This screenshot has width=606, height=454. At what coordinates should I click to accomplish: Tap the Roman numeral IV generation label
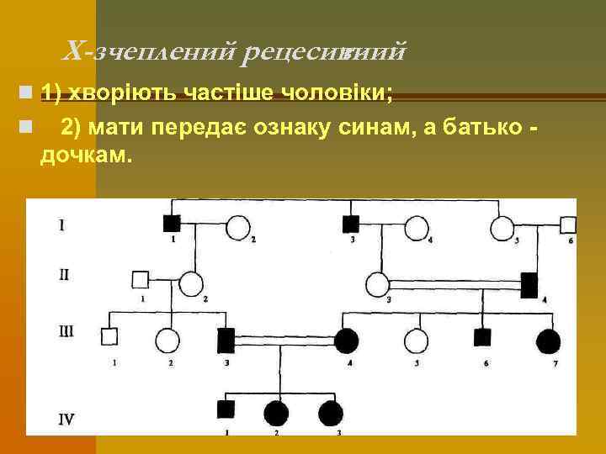coord(68,416)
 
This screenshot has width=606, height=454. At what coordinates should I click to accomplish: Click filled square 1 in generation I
coord(172,224)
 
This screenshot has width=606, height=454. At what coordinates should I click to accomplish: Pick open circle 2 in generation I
coord(239,228)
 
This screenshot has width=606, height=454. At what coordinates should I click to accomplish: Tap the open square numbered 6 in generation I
coord(568,225)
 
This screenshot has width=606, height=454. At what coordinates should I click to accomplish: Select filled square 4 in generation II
coord(530,285)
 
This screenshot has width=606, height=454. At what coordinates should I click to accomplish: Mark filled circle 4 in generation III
coord(346,340)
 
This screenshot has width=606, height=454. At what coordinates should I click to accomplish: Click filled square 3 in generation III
coord(226,340)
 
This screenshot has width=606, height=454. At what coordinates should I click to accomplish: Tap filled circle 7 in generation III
coord(547,340)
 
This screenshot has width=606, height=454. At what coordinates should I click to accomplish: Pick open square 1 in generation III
coord(109,337)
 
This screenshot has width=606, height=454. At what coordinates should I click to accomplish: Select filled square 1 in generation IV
coord(226,409)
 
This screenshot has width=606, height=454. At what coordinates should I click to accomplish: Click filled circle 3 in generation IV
coord(331,413)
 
